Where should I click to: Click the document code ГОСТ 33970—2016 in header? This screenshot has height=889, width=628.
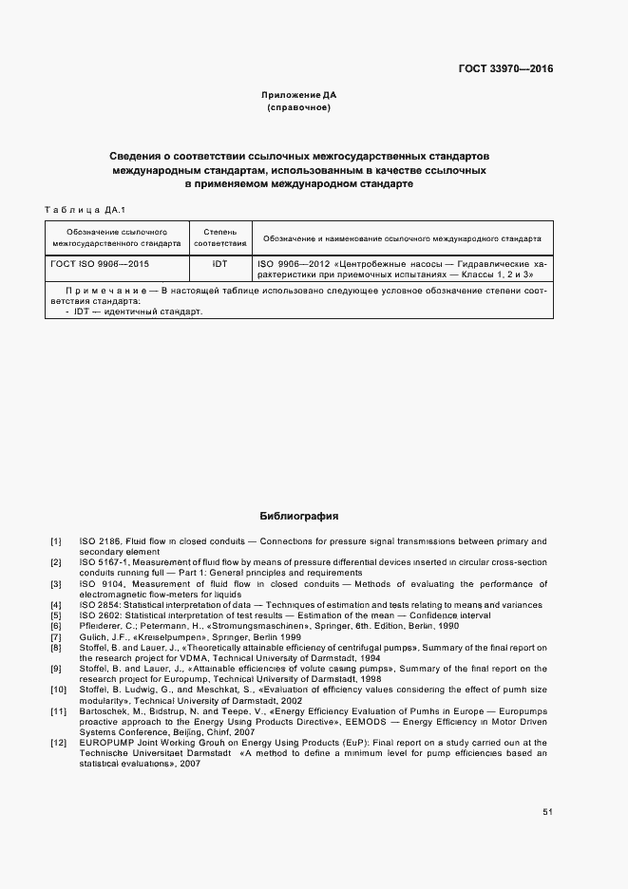pos(507,68)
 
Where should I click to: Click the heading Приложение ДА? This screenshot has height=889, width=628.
pos(298,96)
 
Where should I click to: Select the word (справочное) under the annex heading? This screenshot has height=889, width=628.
pos(298,108)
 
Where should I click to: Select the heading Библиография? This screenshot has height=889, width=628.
pos(298,517)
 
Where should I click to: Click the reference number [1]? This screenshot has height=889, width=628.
pos(56,541)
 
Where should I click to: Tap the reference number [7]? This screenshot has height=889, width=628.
pos(56,636)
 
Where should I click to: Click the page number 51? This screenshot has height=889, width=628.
pos(547,812)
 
